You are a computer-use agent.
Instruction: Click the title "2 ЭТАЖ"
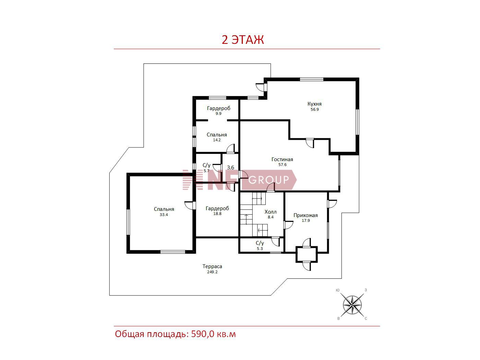[x=243, y=40]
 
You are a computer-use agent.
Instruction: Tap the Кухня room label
[x=314, y=104]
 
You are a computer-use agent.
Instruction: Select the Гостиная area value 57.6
[x=282, y=165]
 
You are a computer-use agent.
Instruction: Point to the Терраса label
[x=212, y=266]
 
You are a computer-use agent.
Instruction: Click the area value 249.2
[x=212, y=272]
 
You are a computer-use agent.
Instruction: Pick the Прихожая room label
[x=305, y=215]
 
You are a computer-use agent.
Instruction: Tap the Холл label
[x=271, y=212]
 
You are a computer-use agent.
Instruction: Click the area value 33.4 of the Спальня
[x=164, y=215]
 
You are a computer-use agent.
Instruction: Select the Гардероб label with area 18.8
[x=217, y=208]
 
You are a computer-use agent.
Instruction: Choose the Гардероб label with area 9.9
[x=218, y=108]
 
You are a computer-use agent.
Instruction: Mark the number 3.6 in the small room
[x=230, y=167]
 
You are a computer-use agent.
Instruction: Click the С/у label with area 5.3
[x=260, y=243]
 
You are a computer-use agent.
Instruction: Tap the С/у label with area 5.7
[x=206, y=165]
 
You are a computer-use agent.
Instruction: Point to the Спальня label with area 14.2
[x=217, y=135]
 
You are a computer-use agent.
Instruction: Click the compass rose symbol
[x=352, y=305]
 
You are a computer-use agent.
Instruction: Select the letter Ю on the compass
[x=338, y=290]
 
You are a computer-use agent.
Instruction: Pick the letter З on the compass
[x=365, y=290]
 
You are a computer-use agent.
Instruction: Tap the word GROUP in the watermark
[x=268, y=180]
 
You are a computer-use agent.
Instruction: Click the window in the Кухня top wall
[x=311, y=79]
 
